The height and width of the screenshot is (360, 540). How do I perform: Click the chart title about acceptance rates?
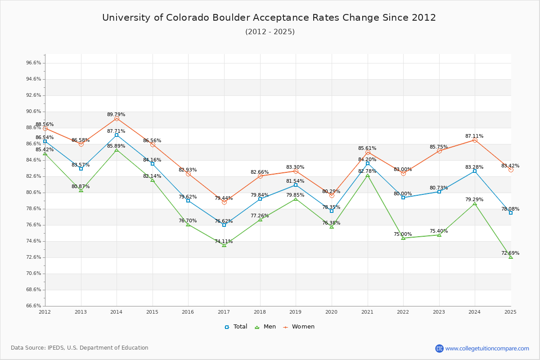pos(269,18)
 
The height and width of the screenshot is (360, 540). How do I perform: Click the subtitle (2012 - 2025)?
pos(270,31)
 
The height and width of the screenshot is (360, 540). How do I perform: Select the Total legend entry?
pos(236,327)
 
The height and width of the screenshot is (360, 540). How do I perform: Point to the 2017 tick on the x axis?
pos(224,311)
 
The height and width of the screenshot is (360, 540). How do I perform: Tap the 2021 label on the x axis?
pos(367,311)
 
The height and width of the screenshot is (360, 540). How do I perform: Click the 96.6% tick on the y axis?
pos(34,63)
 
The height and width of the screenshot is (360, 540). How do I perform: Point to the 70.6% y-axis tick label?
pos(34,274)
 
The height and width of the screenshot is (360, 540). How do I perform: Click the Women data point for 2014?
pos(117,118)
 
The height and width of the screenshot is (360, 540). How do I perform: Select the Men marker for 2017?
pos(224,245)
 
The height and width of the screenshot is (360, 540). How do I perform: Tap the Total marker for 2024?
pos(475,171)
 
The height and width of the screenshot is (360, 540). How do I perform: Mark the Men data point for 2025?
pos(511,257)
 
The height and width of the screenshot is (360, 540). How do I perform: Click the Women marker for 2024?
pos(475,140)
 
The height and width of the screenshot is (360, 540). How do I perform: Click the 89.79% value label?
pos(116,114)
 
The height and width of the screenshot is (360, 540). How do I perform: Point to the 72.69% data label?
pos(510,253)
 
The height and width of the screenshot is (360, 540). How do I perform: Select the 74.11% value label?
pos(224,241)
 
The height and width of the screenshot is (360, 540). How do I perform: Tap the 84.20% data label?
pos(367,159)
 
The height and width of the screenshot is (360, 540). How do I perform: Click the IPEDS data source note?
pos(80,348)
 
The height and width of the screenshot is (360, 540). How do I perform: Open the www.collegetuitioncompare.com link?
pos(487,348)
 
